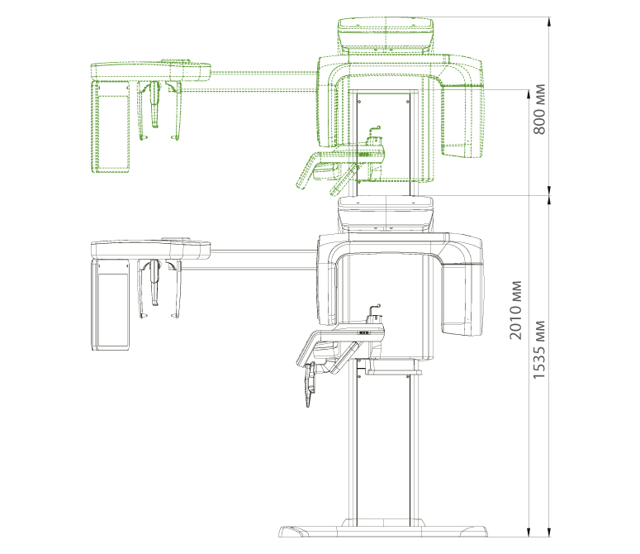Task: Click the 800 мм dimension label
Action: coord(539,109)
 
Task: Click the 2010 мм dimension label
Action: coord(515,310)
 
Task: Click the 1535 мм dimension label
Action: coord(539,349)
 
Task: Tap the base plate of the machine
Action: coord(383,530)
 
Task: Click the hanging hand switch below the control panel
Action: coord(311,383)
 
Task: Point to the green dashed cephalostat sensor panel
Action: coord(110,126)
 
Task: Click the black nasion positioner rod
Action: coord(154,283)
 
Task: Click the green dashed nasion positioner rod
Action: coord(154,104)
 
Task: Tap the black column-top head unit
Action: coord(386,214)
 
